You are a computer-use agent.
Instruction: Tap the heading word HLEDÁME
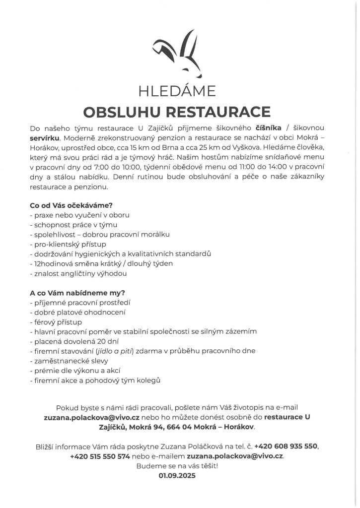[177, 91]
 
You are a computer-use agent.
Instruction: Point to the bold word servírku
[45, 140]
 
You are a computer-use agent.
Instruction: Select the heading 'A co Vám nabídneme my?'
[77, 293]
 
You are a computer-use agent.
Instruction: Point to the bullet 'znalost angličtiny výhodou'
[78, 273]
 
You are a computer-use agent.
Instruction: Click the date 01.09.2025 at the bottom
[177, 475]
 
